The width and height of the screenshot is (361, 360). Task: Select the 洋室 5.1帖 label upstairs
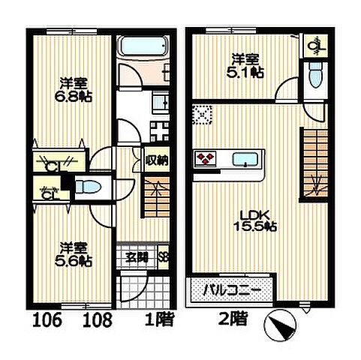[248, 65]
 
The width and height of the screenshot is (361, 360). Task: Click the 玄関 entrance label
[136, 258]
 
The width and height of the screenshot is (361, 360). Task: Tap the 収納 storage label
[156, 159]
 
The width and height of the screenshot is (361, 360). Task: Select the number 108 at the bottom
[97, 322]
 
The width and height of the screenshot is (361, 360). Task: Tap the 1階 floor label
[159, 321]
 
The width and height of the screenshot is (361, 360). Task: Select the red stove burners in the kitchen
[205, 158]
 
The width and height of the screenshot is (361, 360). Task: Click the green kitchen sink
[245, 159]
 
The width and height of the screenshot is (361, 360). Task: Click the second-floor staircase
[314, 162]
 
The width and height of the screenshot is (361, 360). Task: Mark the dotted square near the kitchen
[200, 115]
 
